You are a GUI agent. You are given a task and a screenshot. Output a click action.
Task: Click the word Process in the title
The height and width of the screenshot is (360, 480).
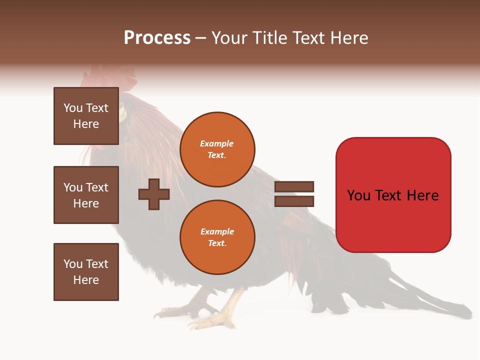(157, 38)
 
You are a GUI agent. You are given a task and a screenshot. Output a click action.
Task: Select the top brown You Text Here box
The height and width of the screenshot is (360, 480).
(86, 116)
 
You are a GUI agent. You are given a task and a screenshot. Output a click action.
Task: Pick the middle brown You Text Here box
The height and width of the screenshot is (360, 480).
(86, 195)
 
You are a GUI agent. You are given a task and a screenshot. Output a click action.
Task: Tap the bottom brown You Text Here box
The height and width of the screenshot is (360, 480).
(86, 271)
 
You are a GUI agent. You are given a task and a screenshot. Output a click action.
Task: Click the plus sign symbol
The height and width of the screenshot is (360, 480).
(154, 194)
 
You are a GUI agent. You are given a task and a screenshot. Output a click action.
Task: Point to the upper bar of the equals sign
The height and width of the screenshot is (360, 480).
(294, 186)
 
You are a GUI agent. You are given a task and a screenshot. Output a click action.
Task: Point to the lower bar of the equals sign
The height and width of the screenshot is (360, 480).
(294, 201)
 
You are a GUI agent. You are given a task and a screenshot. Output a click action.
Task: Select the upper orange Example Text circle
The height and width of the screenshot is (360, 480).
(217, 149)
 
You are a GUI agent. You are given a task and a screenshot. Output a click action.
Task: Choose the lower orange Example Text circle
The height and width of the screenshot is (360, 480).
(217, 237)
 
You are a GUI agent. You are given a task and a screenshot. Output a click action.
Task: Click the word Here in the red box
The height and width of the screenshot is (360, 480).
(422, 195)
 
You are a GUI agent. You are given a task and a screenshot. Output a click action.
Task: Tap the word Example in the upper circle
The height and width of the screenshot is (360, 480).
(217, 143)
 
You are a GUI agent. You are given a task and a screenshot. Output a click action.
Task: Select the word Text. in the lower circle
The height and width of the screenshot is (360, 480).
(217, 243)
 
